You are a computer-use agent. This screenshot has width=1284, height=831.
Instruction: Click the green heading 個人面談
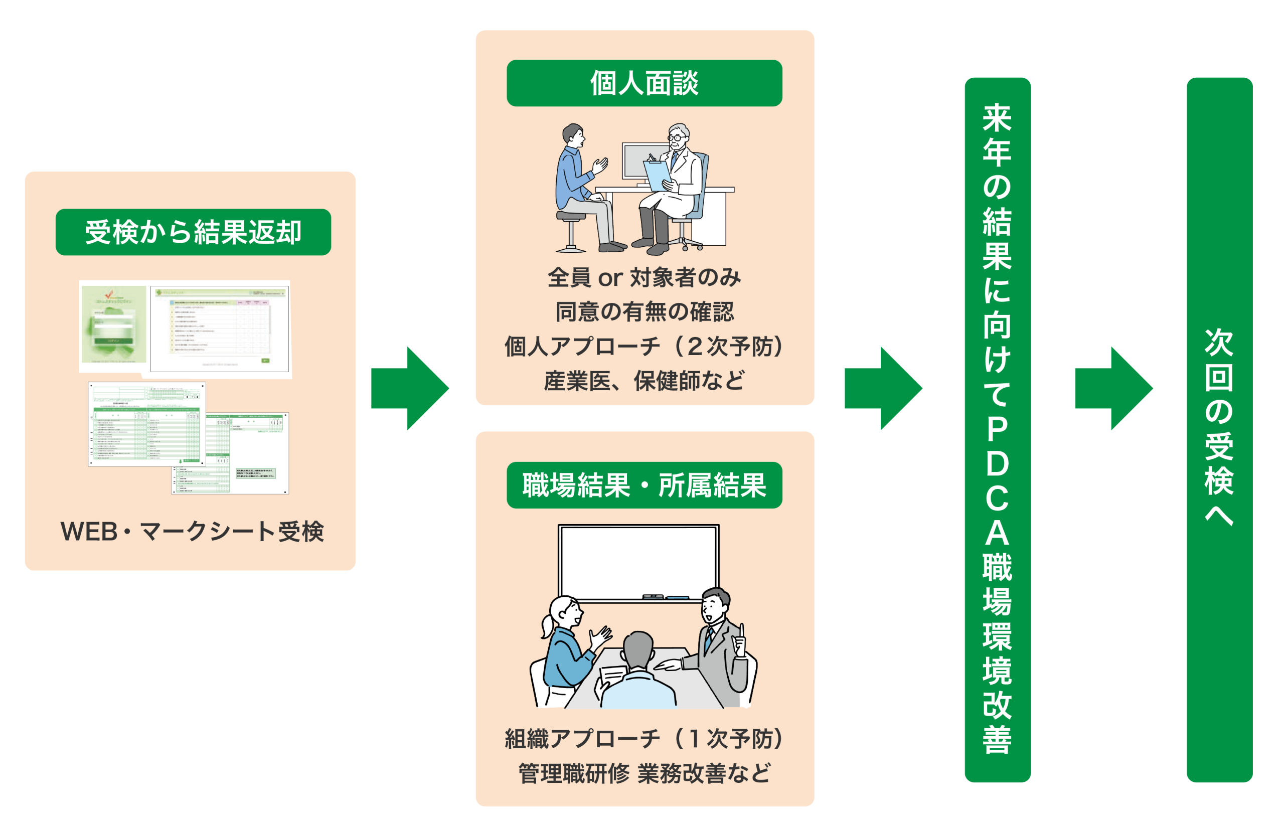644,83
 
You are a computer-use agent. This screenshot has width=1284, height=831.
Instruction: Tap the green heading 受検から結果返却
193,232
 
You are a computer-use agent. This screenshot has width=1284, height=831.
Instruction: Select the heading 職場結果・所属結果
644,485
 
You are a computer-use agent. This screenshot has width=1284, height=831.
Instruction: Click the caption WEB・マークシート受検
192,532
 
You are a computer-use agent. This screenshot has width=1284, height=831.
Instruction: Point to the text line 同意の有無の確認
644,311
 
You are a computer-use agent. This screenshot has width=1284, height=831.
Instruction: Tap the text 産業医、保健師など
644,381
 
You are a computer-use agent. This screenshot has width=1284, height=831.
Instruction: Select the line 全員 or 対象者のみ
644,277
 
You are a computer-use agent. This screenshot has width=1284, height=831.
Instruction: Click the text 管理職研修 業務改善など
644,773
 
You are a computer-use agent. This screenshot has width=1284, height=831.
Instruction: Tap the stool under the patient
571,232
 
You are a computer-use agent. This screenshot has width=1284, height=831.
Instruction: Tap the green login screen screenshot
114,324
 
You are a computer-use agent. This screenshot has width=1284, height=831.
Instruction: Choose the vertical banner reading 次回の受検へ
1219,429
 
